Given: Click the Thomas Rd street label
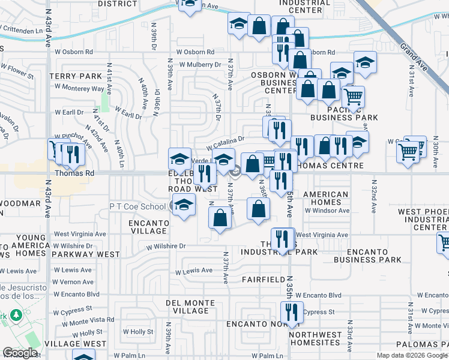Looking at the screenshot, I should pyautogui.click(x=75, y=173).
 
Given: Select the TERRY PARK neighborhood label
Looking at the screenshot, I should pyautogui.click(x=76, y=76).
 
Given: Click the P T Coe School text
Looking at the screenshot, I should pyautogui.click(x=137, y=206).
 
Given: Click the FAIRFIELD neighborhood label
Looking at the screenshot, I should pyautogui.click(x=263, y=280).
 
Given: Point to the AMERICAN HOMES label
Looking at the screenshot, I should pyautogui.click(x=326, y=199).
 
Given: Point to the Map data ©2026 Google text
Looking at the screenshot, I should pyautogui.click(x=411, y=355).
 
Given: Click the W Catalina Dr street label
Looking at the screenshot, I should pyautogui.click(x=225, y=143).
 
